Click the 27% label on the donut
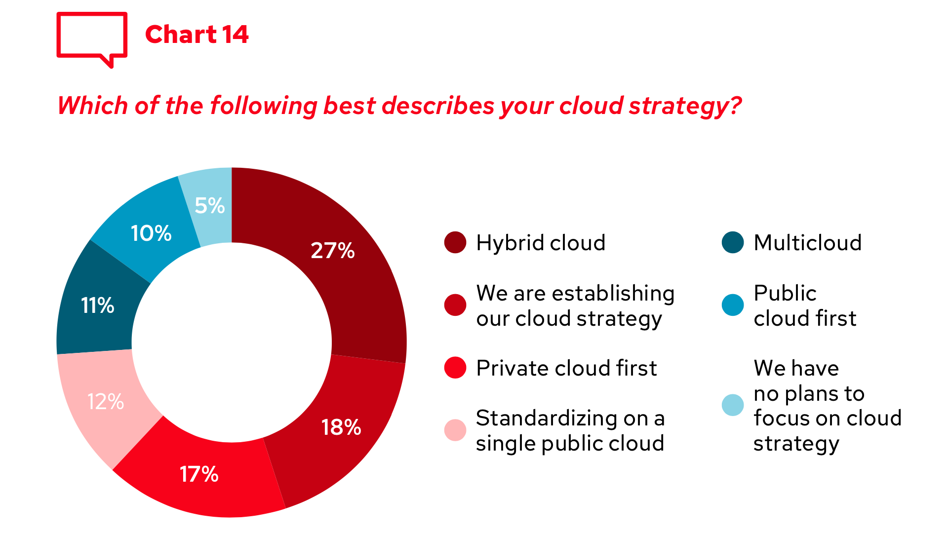point(333,251)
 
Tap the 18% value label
point(341,427)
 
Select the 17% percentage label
point(199,475)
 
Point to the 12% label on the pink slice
point(106,402)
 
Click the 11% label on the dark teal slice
point(98,305)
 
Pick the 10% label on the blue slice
point(151,233)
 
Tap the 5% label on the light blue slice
point(210,206)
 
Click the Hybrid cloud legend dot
point(455,242)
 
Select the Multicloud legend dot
point(733,242)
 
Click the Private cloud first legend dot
point(455,368)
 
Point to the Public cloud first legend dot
point(733,305)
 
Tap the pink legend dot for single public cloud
point(455,430)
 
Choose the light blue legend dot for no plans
point(733,405)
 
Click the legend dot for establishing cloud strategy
point(455,305)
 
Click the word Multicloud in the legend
point(808,243)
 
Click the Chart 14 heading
point(197,35)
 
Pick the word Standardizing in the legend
point(547,419)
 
